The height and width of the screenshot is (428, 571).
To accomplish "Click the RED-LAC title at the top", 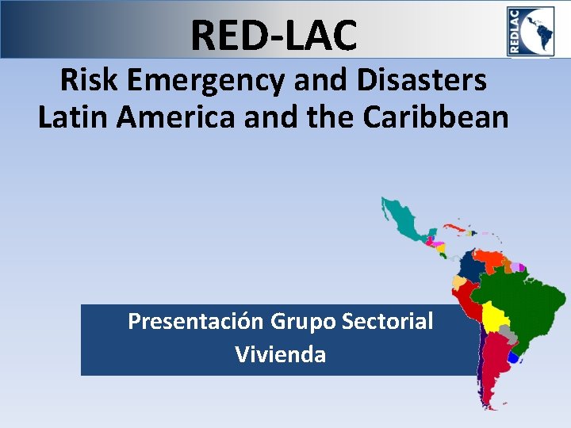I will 274,35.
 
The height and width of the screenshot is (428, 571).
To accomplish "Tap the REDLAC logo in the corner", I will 531,30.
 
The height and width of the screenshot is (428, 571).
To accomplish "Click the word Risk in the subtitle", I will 86,80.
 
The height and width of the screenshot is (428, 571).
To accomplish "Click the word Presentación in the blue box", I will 196,322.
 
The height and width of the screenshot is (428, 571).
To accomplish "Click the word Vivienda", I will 280,354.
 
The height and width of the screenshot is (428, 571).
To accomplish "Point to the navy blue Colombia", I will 471,266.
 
